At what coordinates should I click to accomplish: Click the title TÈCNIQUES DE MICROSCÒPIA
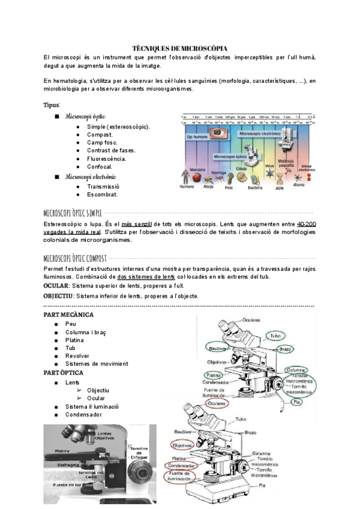pos(179,47)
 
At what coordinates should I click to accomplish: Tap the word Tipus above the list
pos(52,105)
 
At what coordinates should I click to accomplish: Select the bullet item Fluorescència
pos(106,158)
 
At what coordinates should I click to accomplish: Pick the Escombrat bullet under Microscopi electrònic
pos(102,194)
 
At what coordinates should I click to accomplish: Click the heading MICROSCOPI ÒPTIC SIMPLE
pos(73,212)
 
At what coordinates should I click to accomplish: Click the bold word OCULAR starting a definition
pos(56,286)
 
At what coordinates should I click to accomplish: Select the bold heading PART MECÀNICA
pos(69,315)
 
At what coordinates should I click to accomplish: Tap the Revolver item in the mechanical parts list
pos(77,355)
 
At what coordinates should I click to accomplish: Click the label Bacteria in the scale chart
pos(255,187)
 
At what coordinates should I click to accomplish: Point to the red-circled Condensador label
pos(181,466)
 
